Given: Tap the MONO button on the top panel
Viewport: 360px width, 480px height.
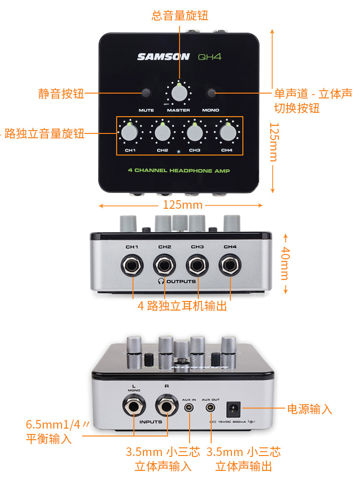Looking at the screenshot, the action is (x=211, y=93).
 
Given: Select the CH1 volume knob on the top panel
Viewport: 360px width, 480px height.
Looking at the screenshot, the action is (x=130, y=132).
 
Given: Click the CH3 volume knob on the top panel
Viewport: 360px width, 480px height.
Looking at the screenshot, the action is (x=194, y=132).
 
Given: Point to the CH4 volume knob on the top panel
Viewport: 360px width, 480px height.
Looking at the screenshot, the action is (x=227, y=132).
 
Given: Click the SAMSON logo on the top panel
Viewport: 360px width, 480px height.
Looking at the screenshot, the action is (x=163, y=57).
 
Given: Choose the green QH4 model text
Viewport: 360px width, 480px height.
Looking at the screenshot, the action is (x=210, y=57).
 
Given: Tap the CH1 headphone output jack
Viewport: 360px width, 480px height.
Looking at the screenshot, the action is (x=132, y=265).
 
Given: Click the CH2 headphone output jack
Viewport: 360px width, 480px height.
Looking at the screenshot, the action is (x=165, y=265).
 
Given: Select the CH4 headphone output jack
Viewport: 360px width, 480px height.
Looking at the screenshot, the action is (x=230, y=265).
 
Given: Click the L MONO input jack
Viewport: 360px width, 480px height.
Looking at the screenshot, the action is (x=132, y=408).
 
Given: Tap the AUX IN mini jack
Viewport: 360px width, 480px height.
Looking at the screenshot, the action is (x=190, y=408).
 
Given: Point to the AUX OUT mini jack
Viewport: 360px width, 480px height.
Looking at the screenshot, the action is (x=210, y=408).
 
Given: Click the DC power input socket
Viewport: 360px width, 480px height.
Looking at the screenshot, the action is (x=234, y=408).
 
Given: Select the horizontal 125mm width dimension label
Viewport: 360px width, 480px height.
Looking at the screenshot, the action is (x=180, y=205).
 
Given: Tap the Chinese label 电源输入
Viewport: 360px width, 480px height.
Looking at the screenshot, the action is (x=309, y=409).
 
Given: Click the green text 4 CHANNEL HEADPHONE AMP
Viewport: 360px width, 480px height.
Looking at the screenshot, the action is (x=179, y=171).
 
